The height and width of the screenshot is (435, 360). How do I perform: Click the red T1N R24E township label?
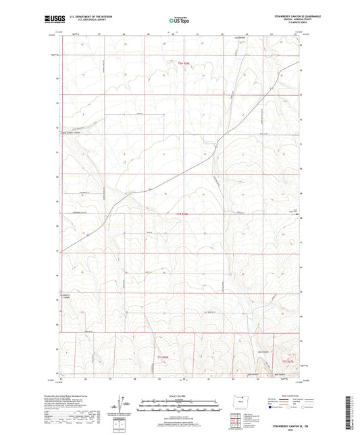[x=177, y=215]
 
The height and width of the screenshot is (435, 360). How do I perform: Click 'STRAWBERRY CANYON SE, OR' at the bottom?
[x=277, y=426]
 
